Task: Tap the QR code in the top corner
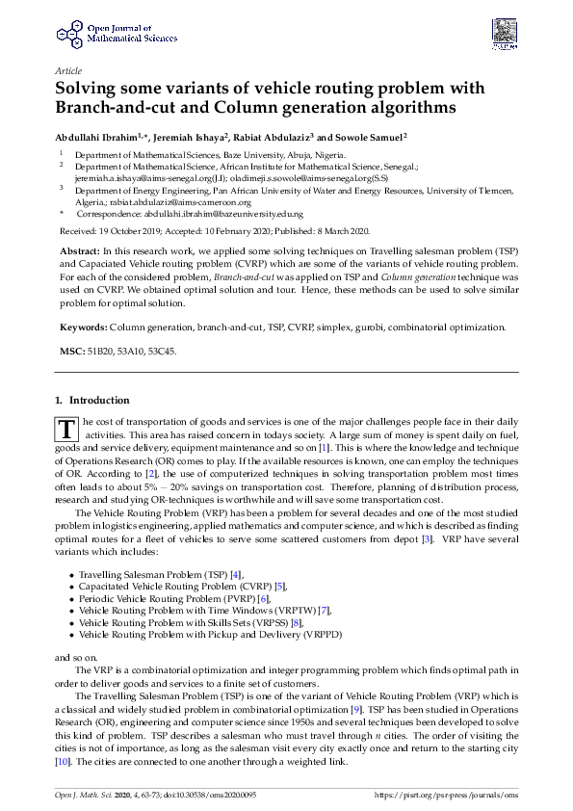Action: pos(503,31)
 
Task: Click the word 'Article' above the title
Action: pos(68,71)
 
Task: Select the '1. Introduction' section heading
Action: pos(91,400)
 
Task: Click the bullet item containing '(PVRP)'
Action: pos(169,598)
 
